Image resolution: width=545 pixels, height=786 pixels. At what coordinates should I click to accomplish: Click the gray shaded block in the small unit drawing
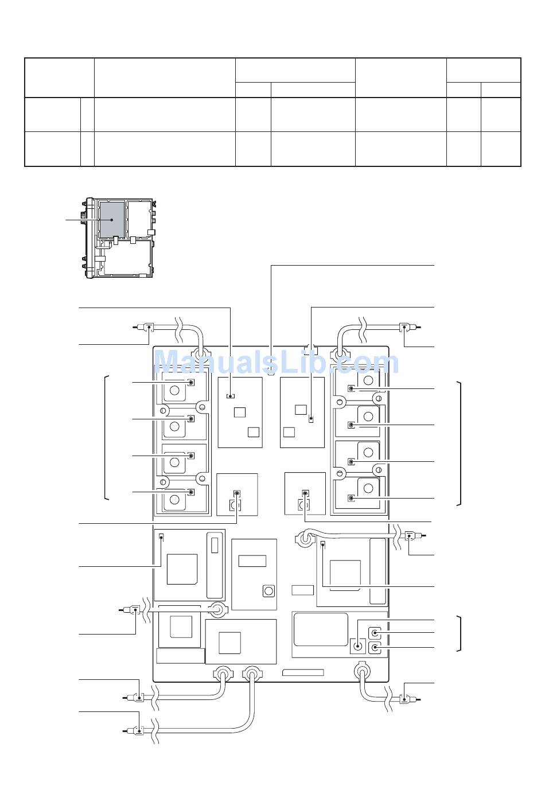112,220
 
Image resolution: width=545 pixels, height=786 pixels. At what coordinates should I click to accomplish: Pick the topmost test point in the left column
191,382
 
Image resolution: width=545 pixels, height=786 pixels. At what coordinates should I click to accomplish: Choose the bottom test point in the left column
191,492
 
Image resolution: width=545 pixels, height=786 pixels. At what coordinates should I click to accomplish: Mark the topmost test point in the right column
351,388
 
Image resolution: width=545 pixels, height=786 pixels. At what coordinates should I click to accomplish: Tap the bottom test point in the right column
351,498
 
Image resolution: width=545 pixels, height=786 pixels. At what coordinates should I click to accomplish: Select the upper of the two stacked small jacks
375,633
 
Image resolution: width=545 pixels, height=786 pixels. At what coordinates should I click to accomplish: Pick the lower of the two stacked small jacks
375,647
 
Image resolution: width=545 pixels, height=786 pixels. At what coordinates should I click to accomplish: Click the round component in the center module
269,591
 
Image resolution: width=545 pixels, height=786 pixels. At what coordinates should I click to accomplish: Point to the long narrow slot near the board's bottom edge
303,672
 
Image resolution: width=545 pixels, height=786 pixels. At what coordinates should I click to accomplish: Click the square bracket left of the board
107,437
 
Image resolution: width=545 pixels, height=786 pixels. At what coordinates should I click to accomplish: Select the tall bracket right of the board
458,443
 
